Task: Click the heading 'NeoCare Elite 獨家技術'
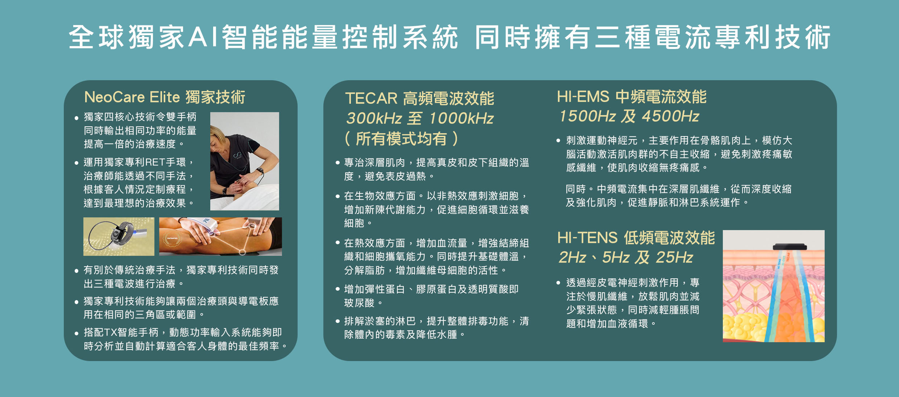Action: (165, 97)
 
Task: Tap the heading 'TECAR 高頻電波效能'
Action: (419, 98)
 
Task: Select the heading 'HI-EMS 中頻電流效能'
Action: (631, 97)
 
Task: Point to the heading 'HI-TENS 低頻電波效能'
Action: (636, 238)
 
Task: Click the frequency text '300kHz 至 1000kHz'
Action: (420, 118)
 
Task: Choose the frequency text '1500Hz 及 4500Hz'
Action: (629, 116)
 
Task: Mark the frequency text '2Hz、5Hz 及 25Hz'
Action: (626, 257)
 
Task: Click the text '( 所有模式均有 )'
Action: (401, 139)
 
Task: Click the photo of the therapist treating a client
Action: (245, 161)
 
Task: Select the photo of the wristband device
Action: (119, 237)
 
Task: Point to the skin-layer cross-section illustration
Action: (774, 286)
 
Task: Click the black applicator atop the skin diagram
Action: (790, 247)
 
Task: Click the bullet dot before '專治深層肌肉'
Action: (337, 163)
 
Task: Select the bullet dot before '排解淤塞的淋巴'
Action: (337, 321)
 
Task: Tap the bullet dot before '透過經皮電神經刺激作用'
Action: (558, 283)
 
